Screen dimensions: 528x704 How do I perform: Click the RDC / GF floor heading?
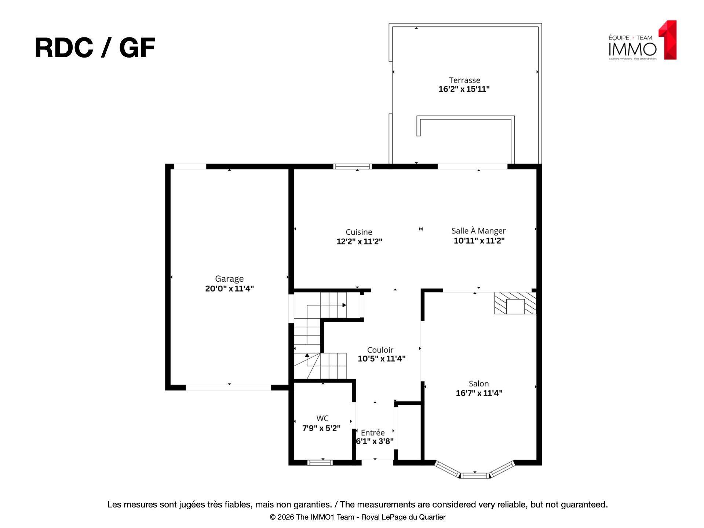pos(95,48)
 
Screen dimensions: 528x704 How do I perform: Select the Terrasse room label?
pos(464,80)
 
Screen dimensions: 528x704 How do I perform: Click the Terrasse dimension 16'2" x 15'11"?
pos(464,89)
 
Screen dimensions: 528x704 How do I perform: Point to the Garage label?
pos(229,279)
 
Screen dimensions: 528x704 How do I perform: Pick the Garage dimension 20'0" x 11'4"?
pos(229,289)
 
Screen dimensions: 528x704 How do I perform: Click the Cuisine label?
pos(359,232)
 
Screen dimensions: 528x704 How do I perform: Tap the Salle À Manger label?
pos(478,231)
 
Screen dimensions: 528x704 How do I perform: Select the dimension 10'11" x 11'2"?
pos(479,241)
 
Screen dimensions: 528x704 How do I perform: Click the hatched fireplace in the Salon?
pos(515,303)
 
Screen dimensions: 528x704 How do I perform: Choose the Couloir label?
pos(380,350)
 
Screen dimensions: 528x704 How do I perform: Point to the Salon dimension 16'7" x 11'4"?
pos(479,393)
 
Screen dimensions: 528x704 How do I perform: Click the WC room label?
pos(322,418)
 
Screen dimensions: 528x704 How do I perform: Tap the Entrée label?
pos(373,432)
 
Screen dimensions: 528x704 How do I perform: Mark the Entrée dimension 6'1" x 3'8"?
pos(375,441)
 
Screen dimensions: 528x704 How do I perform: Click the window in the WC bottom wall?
pos(320,463)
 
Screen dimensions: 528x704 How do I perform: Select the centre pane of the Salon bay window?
pos(475,476)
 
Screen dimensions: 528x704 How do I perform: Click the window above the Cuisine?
pos(353,166)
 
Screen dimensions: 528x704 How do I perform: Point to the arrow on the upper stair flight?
pos(344,305)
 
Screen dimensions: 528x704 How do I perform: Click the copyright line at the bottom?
pos(357,517)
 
